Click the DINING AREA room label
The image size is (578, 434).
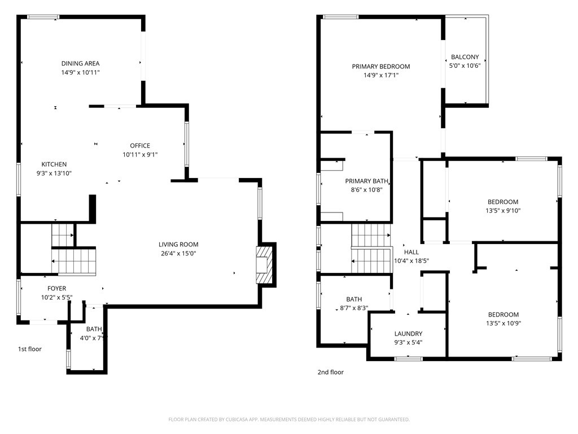click(x=80, y=63)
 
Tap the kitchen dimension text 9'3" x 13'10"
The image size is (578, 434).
click(x=54, y=173)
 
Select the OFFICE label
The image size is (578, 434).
click(x=140, y=146)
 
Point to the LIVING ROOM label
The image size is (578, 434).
click(x=178, y=244)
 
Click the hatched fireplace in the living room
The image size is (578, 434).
click(x=264, y=265)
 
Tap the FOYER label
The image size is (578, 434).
click(x=57, y=288)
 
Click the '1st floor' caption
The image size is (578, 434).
click(x=30, y=349)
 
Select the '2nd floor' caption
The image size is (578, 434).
click(x=331, y=372)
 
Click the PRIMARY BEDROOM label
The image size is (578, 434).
click(x=381, y=67)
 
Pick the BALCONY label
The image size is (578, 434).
click(x=465, y=57)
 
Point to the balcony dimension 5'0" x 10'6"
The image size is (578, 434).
click(x=465, y=66)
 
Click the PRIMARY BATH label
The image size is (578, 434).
click(x=366, y=181)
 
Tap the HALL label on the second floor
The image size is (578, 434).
click(x=411, y=252)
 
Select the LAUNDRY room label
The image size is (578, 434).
click(x=409, y=333)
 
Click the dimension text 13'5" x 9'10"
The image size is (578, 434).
click(x=503, y=211)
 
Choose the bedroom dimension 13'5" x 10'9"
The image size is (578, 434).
click(x=503, y=323)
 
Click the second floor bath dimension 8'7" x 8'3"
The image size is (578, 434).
click(x=354, y=308)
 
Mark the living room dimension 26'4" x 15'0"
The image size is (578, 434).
click(x=178, y=254)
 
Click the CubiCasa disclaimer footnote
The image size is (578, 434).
click(x=289, y=420)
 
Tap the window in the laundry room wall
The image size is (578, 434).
click(x=409, y=358)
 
